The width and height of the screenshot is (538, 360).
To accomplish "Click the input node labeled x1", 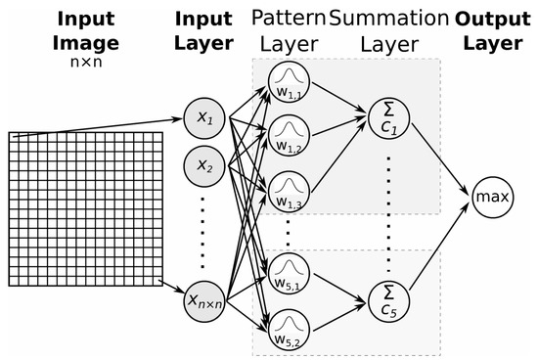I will pyautogui.click(x=202, y=117).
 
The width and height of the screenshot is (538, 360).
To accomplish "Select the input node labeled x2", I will pyautogui.click(x=202, y=165).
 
